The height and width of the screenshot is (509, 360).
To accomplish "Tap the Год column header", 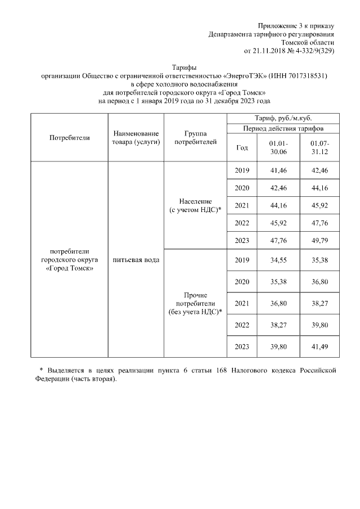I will pyautogui.click(x=242, y=147).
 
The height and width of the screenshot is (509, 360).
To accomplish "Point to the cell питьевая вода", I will pyautogui.click(x=136, y=260).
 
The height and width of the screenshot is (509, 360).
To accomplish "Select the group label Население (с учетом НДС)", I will pyautogui.click(x=195, y=205).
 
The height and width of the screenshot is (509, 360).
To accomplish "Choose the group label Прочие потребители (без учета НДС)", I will pyautogui.click(x=195, y=303).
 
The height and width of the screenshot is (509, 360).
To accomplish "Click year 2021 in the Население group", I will pyautogui.click(x=242, y=205).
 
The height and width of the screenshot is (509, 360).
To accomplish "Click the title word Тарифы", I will pyautogui.click(x=184, y=67).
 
